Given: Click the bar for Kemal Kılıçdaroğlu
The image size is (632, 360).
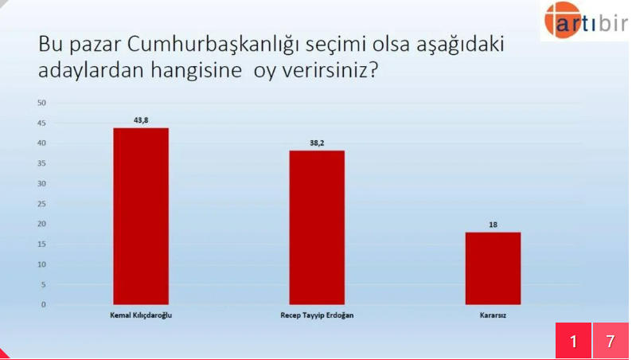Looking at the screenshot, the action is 141,216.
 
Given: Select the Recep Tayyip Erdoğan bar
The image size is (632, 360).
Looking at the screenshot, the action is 317,227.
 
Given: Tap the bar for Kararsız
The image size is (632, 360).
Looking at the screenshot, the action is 493,268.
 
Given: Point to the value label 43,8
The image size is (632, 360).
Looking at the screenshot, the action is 141,120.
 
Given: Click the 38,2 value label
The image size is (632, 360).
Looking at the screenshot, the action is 318,143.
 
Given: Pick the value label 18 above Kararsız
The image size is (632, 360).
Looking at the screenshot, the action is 493,225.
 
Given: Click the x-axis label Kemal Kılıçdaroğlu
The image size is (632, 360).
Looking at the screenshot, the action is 141,315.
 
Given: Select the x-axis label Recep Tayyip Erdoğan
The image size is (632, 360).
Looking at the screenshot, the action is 317,315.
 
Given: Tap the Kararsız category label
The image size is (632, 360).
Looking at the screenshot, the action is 493,315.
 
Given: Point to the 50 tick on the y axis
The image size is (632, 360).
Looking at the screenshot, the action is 41,103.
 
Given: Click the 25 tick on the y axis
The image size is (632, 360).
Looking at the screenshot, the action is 41,204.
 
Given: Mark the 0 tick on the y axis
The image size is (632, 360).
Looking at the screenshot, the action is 44,305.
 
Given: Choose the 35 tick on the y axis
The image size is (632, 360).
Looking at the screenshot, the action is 41,163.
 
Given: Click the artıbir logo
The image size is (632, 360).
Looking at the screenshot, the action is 585,20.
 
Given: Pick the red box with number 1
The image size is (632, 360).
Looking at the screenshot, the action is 573,341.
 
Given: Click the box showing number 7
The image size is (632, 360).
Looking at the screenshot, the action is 611,341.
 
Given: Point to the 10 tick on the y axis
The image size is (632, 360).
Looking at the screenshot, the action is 41,264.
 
